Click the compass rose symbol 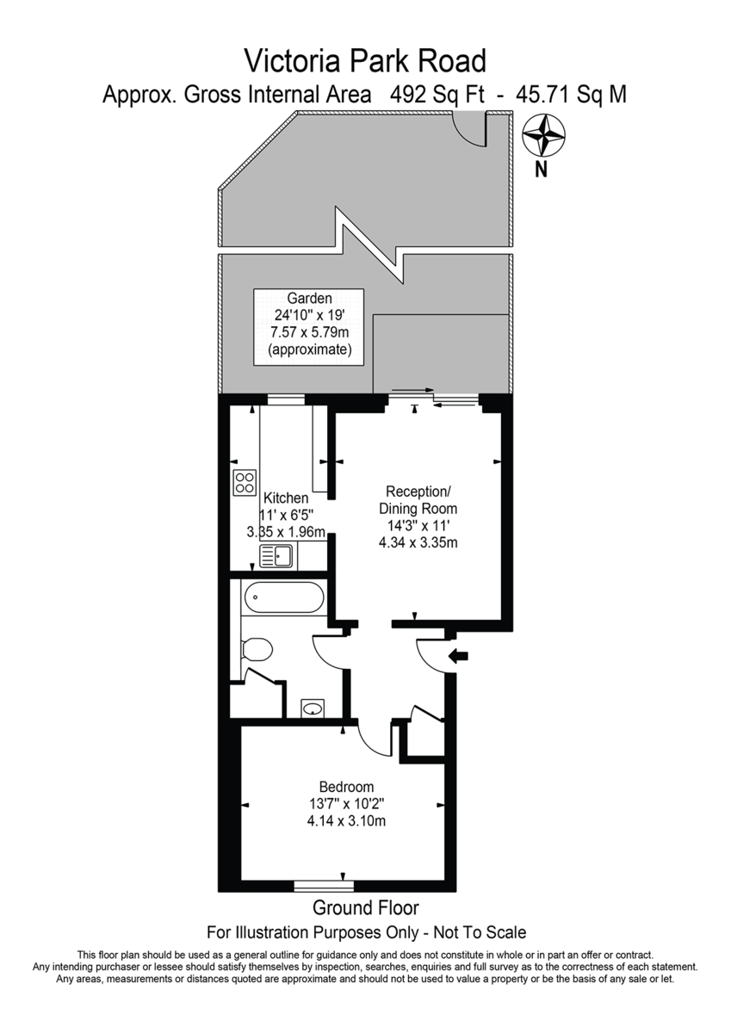544,135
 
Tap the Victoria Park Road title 365,60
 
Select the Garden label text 310,300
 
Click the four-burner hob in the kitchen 245,482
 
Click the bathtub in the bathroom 283,597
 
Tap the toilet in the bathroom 257,647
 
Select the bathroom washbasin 313,709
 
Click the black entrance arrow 459,657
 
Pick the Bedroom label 346,787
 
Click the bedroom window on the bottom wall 324,884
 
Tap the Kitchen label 286,498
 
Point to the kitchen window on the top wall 286,399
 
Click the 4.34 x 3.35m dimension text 418,542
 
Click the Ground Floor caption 365,907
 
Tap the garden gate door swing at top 473,130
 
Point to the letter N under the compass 542,169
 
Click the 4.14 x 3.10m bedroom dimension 346,821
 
